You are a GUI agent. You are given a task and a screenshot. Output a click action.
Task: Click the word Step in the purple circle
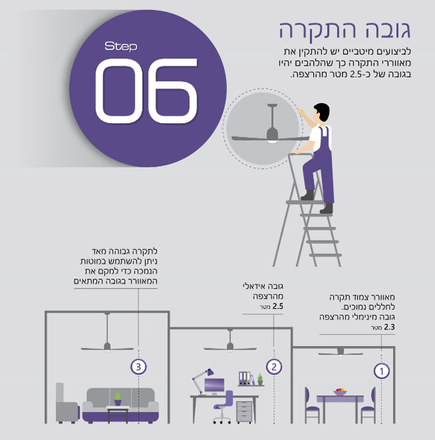coord(121,46)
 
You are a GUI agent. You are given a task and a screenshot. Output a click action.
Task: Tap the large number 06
coord(147,90)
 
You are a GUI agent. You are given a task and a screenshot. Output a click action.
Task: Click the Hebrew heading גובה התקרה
coord(345,29)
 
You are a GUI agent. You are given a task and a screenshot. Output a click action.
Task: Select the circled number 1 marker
coord(381,371)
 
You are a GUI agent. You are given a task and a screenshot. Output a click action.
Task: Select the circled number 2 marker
coord(274,366)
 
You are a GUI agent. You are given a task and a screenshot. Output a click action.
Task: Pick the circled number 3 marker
coord(139,366)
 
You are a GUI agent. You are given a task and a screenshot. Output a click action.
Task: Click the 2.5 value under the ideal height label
coord(278,306)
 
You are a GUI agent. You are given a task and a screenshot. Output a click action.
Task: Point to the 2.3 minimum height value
coord(389,327)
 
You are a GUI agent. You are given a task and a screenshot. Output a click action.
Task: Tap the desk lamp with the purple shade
coord(203,381)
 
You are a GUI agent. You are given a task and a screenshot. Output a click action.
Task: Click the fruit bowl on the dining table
coord(340,392)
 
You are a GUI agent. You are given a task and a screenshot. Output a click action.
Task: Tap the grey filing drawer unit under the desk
coord(244,412)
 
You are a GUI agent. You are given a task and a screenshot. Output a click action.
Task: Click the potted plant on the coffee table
coord(118,398)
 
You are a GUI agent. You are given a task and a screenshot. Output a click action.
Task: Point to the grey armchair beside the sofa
coord(67,403)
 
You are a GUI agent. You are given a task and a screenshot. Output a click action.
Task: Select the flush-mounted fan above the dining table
coord(341,352)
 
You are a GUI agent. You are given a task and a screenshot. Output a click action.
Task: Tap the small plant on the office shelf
coord(260,379)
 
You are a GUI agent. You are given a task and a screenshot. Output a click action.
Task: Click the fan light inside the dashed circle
coord(271,141)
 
